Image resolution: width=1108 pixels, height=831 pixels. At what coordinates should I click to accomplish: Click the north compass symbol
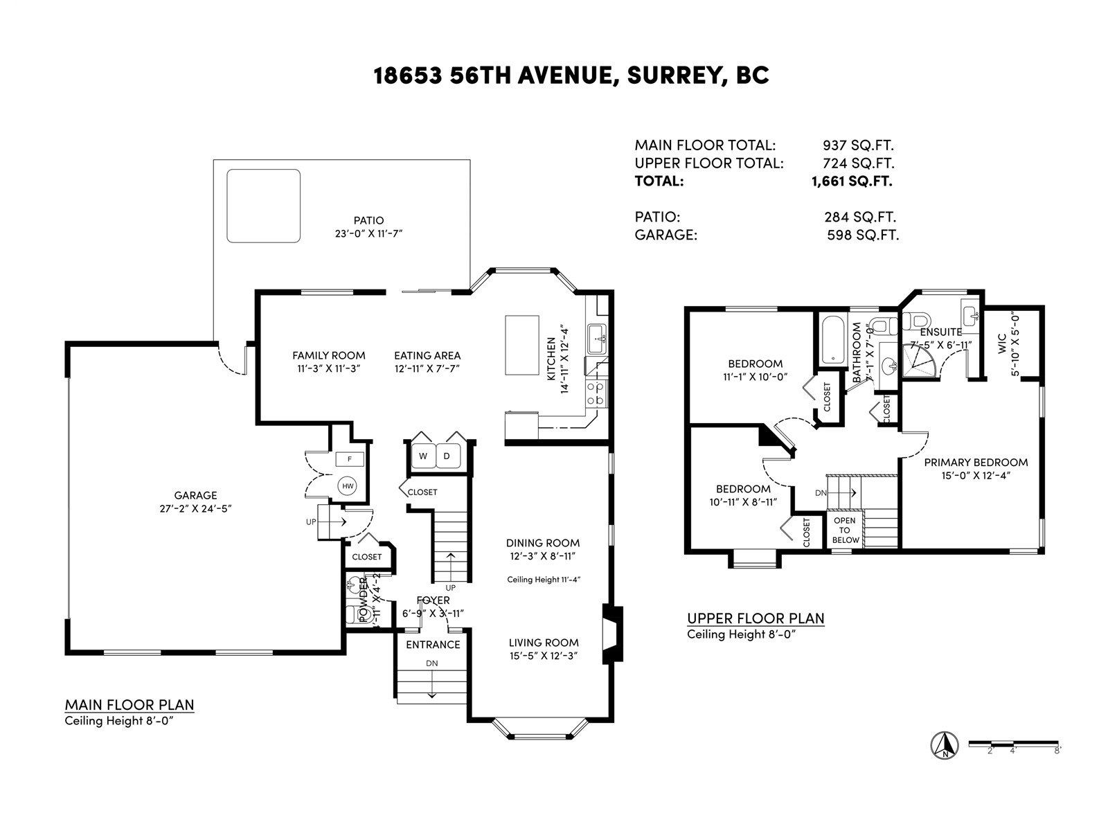[x=944, y=744]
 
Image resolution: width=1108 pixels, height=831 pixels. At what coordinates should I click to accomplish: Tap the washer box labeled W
[x=422, y=456]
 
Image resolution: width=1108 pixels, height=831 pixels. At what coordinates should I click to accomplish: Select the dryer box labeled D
[x=447, y=456]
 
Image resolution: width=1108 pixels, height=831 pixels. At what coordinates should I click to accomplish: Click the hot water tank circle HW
[x=348, y=486]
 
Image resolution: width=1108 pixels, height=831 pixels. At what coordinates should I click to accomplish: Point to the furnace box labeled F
[x=350, y=458]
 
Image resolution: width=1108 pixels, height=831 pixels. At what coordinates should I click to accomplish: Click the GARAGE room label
[x=195, y=495]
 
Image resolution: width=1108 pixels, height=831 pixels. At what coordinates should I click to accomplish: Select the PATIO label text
[x=368, y=220]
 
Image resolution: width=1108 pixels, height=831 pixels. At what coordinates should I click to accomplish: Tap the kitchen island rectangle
[x=522, y=345]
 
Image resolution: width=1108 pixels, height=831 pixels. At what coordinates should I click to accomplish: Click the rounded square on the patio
[x=264, y=206]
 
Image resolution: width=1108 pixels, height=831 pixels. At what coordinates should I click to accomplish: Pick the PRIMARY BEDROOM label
[x=976, y=463]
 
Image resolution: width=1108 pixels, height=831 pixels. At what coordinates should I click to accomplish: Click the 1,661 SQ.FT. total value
[x=852, y=181]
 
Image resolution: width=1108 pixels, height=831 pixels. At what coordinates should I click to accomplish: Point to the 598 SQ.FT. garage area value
[x=863, y=235]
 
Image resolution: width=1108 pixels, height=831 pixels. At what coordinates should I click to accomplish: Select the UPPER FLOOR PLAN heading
[x=756, y=618]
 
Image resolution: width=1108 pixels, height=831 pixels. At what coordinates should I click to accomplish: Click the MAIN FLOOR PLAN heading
[x=129, y=705]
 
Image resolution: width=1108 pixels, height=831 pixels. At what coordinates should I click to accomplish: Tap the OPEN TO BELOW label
[x=845, y=530]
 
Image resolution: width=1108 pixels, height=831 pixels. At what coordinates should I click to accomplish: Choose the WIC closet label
[x=1002, y=344]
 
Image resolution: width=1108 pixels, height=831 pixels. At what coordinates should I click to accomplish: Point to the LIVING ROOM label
[x=544, y=643]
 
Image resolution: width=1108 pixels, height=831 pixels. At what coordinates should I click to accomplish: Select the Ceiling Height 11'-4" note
[x=544, y=580]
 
